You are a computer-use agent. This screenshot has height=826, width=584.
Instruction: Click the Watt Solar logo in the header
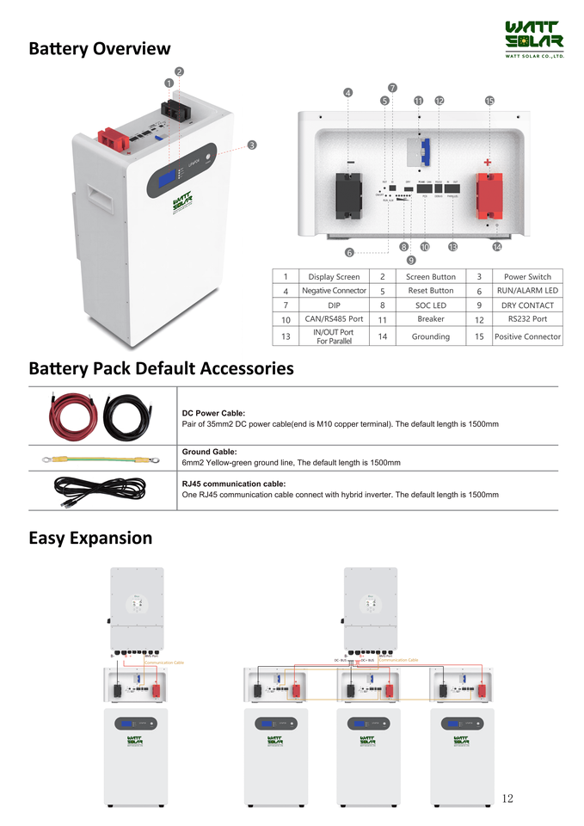point(533,38)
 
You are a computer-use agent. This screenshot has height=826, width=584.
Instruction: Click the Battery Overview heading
point(99,49)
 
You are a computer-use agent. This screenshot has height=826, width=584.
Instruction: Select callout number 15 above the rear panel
point(489,101)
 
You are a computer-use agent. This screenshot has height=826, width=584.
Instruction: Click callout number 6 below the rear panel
point(349,252)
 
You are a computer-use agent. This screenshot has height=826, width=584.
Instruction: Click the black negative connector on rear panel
point(350,195)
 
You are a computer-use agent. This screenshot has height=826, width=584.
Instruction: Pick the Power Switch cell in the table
point(527,277)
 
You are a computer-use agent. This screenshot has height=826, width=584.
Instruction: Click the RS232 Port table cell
point(527,319)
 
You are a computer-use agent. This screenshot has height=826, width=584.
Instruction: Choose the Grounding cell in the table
point(430,336)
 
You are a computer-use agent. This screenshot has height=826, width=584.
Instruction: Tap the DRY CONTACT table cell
point(527,305)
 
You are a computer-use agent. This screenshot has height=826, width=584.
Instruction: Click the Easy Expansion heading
point(90,539)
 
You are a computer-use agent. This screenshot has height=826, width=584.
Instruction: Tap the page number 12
point(507,798)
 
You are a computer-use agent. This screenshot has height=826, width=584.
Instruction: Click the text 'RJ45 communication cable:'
point(234,484)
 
